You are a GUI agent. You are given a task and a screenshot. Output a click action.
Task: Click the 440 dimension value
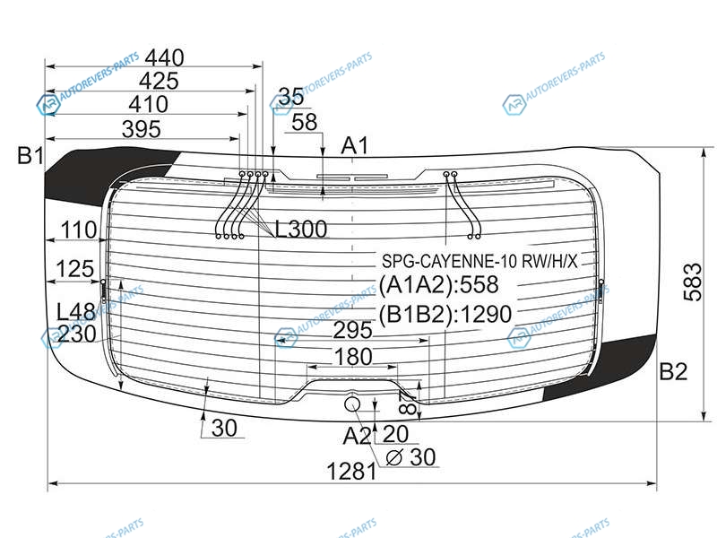165,58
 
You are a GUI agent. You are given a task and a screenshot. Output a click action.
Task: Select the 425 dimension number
159,82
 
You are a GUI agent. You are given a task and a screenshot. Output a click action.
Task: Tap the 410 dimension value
148,104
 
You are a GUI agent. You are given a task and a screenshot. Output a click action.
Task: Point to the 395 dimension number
142,129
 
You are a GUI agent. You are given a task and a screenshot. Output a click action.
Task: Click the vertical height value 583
692,282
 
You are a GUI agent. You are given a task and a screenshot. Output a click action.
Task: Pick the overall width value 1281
351,472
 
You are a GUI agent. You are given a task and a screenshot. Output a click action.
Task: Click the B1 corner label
30,155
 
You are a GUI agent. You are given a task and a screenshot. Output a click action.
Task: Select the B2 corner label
673,371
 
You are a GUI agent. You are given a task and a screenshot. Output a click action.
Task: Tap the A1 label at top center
355,146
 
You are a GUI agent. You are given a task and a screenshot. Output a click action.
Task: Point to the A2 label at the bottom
357,436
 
